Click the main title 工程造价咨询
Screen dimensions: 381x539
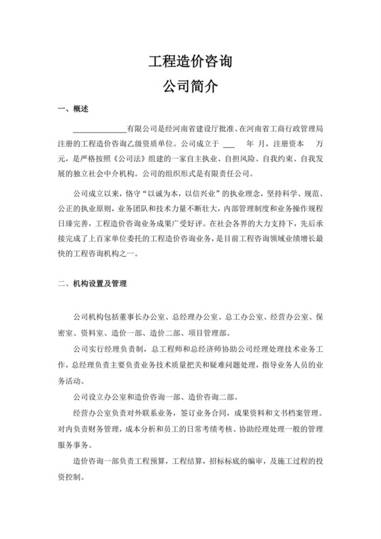tap(190, 63)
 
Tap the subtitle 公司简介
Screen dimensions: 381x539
tap(190, 86)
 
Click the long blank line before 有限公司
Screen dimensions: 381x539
tap(99, 129)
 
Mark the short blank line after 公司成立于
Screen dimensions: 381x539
tap(229, 144)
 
